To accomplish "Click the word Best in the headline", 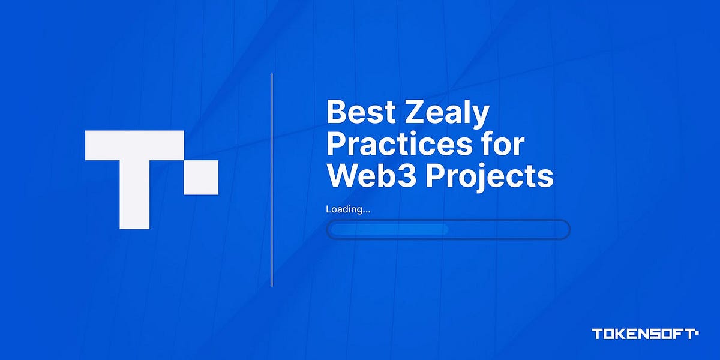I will tap(358, 114).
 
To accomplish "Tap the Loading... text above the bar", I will tap(348, 209).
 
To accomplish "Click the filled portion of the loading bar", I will tap(389, 230).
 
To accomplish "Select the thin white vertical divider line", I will tap(272, 180).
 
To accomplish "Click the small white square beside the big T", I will tap(201, 178).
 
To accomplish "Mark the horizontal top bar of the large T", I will tap(134, 146).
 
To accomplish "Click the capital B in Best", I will tap(337, 114).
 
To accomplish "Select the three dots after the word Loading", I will tap(367, 212).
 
